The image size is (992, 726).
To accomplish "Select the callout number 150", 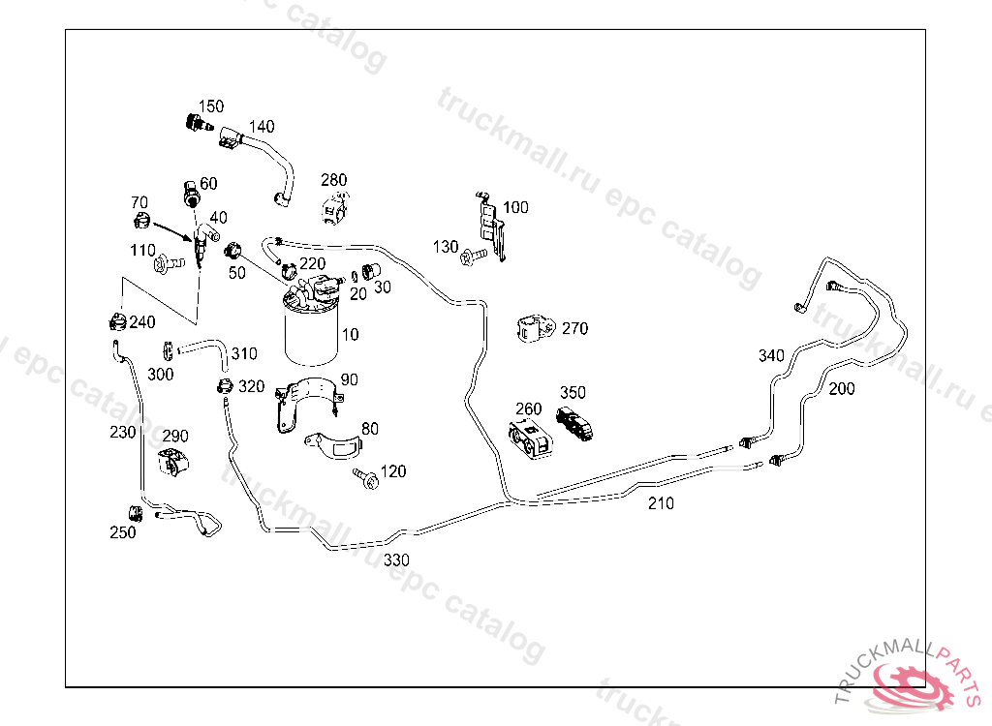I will [211, 106].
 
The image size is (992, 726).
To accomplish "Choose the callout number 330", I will [396, 560].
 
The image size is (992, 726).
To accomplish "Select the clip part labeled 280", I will [335, 206].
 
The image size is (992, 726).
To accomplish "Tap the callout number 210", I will [661, 503].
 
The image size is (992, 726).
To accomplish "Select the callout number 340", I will [771, 356].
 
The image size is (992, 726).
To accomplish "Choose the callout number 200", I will [842, 389].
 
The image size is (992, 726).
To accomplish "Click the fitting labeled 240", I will [116, 320].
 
